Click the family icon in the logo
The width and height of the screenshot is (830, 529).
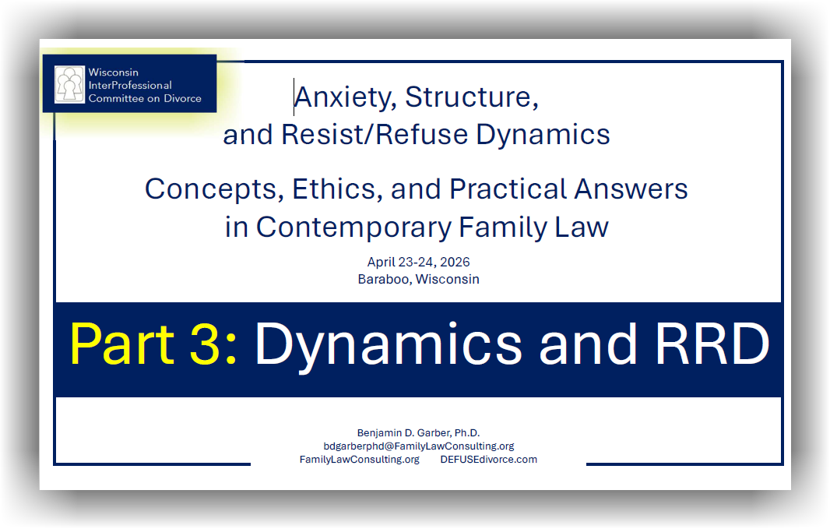69,84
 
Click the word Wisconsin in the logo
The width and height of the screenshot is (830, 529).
113,72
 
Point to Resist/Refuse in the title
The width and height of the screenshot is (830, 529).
375,135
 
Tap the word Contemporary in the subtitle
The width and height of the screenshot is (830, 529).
353,227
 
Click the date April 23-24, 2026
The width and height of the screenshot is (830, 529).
419,262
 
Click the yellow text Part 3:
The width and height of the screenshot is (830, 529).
153,344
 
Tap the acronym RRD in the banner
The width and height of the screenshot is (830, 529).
712,344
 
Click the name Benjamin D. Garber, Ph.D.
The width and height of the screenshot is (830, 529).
418,433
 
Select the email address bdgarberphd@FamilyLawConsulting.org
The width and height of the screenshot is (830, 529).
419,446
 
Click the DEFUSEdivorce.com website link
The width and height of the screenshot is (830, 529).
488,460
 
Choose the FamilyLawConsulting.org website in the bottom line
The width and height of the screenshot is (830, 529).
360,460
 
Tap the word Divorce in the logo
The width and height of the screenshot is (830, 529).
183,98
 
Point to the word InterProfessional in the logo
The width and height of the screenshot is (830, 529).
130,85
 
